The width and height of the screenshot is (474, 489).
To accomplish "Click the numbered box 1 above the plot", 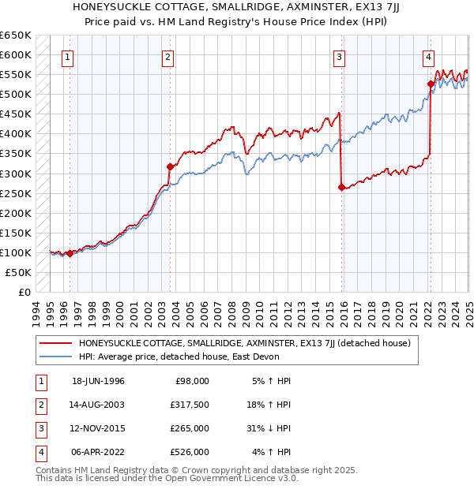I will [x=67, y=57].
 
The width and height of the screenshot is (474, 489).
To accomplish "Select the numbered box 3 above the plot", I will [x=338, y=57].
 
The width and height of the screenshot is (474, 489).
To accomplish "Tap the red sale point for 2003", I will [x=170, y=166].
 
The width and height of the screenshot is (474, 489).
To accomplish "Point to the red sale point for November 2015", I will [x=340, y=187].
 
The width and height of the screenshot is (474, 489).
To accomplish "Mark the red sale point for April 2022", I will [x=431, y=84].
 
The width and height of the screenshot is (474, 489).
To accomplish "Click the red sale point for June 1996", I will [x=70, y=253].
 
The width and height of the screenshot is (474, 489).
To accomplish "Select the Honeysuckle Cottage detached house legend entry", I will [x=243, y=343].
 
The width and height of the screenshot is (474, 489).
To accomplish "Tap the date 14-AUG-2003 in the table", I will [x=98, y=405].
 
